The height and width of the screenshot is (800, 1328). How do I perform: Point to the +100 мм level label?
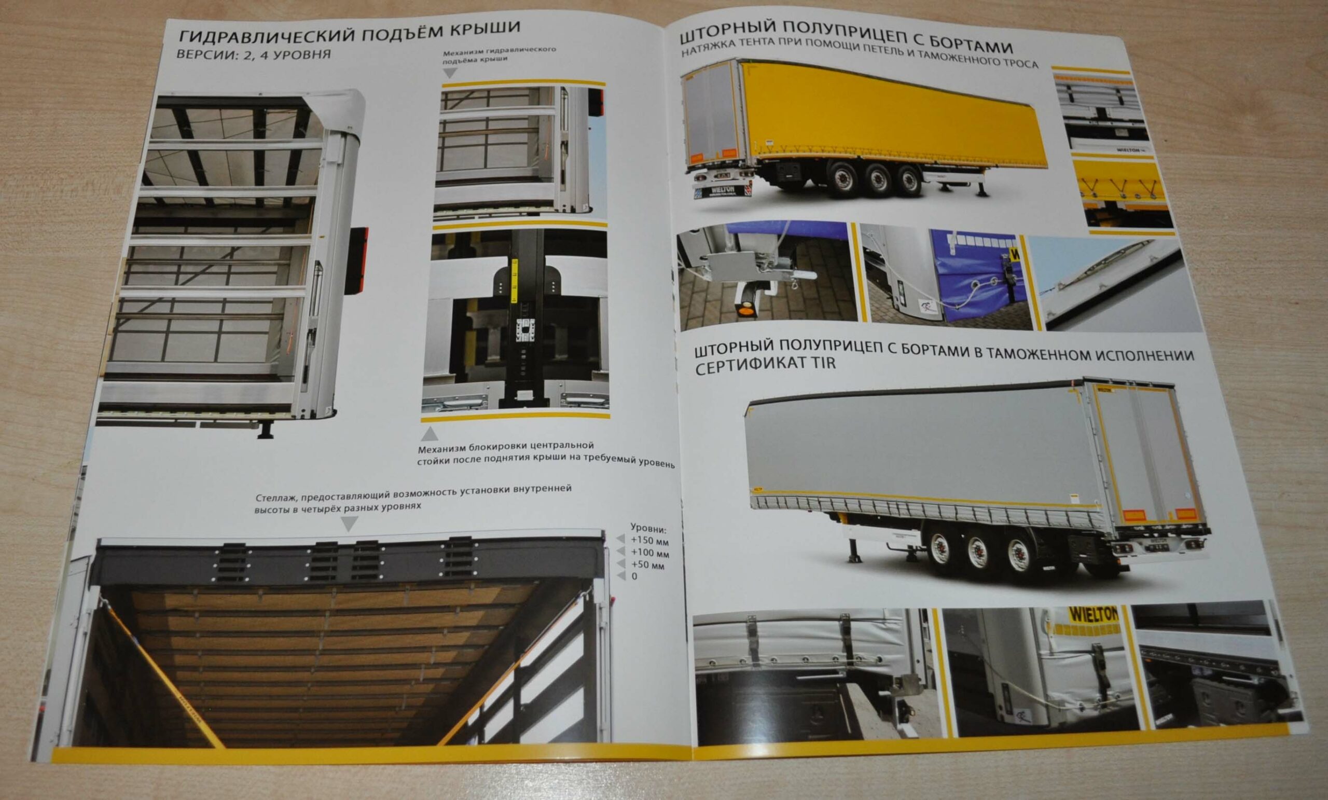point(649,553)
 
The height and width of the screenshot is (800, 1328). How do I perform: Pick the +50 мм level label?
point(647,565)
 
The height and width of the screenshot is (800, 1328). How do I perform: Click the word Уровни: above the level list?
point(648,528)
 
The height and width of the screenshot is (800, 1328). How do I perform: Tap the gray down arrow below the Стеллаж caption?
point(349,523)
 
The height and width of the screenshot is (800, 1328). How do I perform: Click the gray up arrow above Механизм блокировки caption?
point(430,434)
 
